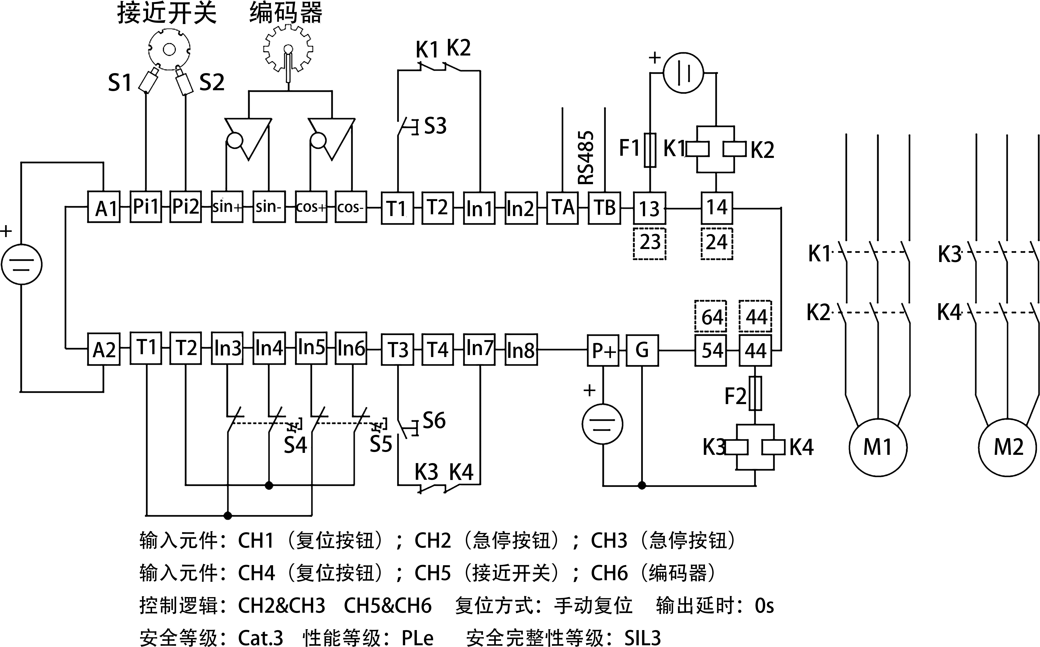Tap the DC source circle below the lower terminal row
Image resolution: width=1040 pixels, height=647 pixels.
pos(602,424)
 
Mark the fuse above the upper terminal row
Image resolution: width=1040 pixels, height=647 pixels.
pos(650,150)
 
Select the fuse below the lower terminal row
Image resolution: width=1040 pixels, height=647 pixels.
pos(755,393)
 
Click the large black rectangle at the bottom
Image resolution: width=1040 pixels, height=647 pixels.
pos(456,588)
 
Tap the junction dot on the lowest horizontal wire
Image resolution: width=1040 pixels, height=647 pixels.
pos(228,516)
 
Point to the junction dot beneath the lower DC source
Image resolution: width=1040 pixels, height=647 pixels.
pos(642,485)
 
